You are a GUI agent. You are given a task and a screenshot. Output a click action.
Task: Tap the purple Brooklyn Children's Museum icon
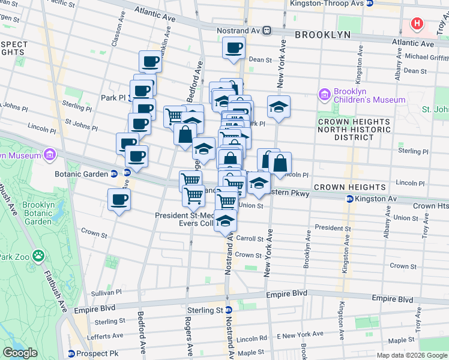325,94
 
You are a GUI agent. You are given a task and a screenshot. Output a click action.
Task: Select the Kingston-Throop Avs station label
327,3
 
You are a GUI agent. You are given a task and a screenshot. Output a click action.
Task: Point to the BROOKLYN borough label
323,35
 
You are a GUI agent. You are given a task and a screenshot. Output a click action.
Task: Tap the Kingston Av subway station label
376,198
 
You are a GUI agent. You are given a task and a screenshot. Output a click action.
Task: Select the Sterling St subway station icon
228,310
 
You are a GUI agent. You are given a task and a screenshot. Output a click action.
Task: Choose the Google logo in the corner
20,353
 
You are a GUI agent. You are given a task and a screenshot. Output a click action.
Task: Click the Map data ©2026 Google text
412,356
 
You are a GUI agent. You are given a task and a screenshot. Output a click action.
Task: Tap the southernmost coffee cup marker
119,199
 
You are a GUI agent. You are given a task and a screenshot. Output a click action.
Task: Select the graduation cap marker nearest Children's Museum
279,106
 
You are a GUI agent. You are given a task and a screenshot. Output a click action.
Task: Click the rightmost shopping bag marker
280,162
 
